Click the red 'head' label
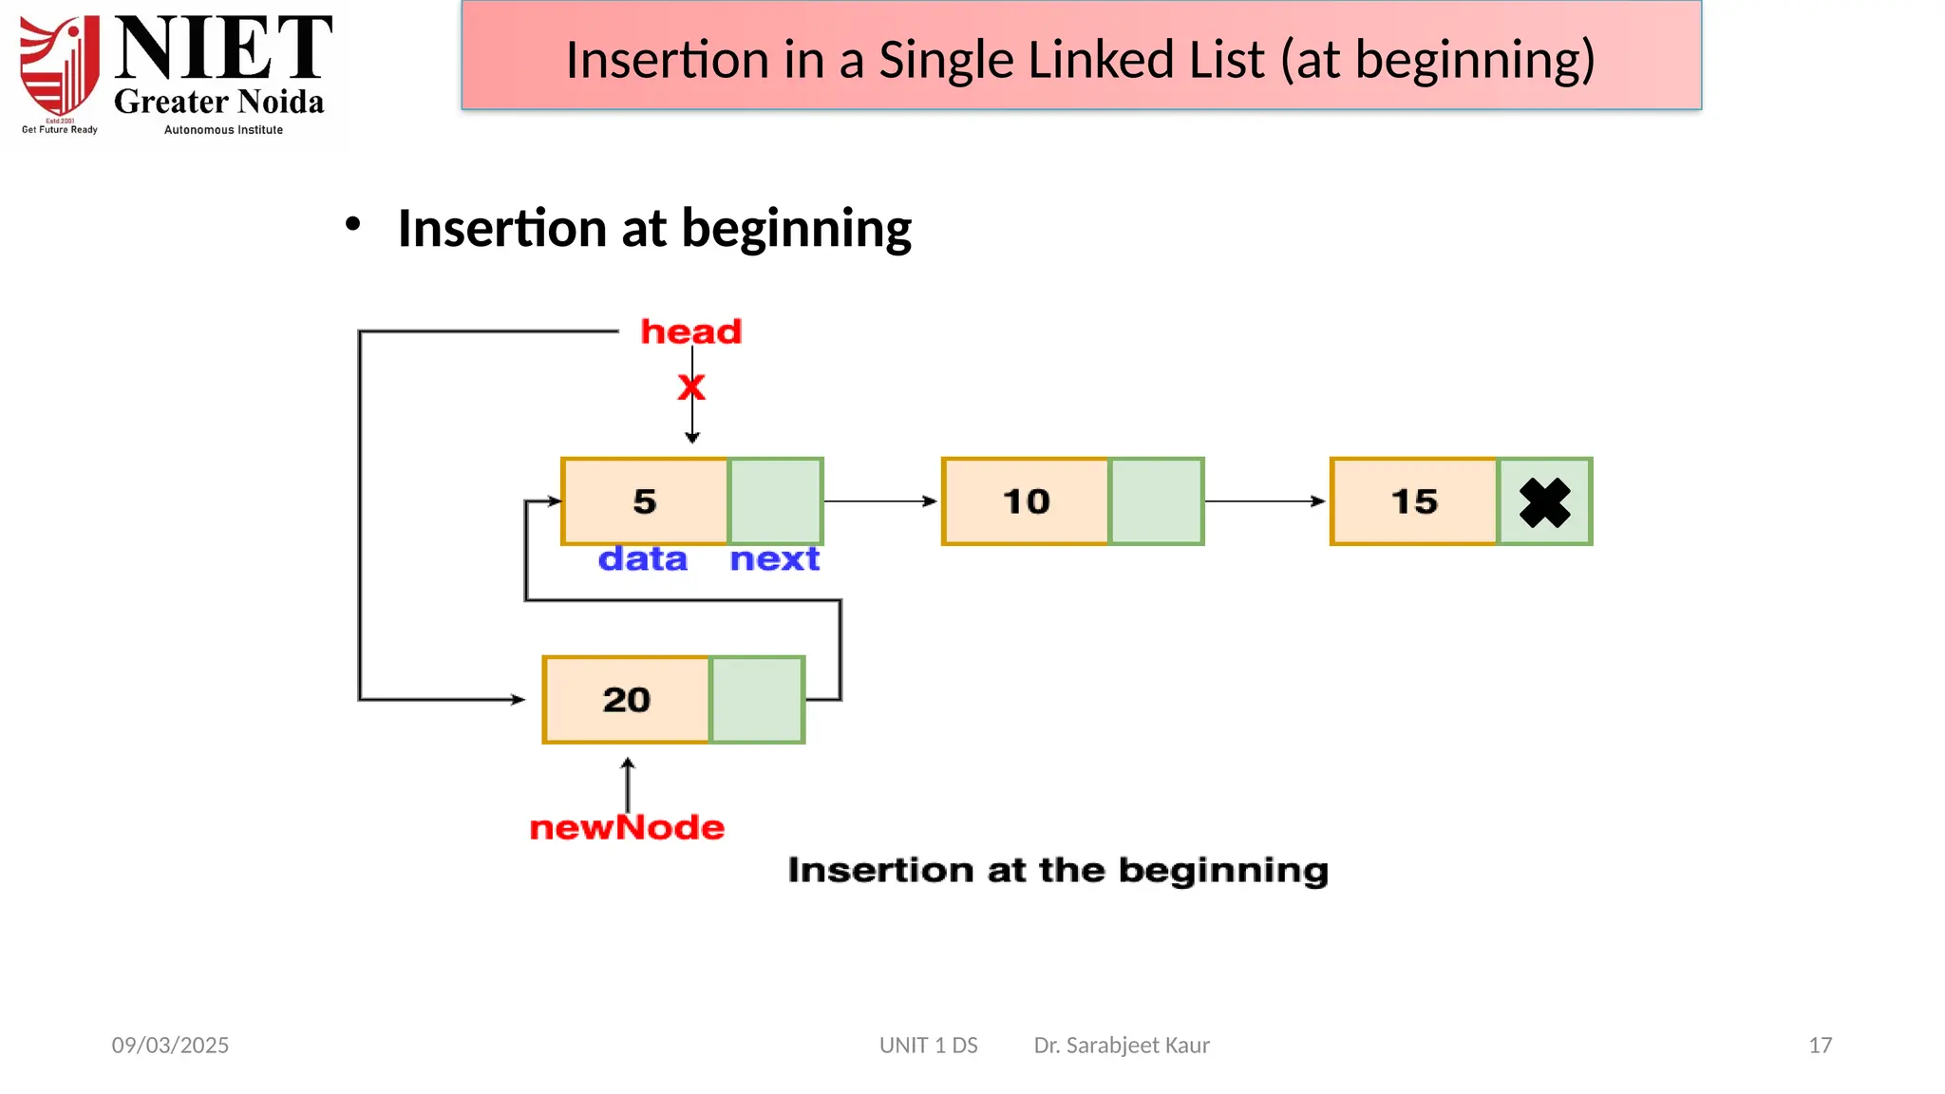(690, 331)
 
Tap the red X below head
(691, 387)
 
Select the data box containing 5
(645, 501)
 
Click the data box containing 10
(1026, 501)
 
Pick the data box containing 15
(1414, 501)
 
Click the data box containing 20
(627, 700)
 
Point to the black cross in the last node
(1544, 502)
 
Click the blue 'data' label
(643, 558)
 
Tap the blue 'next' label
(774, 558)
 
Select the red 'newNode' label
(627, 827)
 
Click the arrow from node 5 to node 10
(880, 501)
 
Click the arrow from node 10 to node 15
(1265, 501)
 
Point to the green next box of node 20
(757, 700)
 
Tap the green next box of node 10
(1156, 501)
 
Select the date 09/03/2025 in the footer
(170, 1046)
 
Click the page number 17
(1820, 1046)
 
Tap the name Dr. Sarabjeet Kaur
(1122, 1046)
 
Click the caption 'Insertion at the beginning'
(1058, 870)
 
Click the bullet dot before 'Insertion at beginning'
(353, 225)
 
